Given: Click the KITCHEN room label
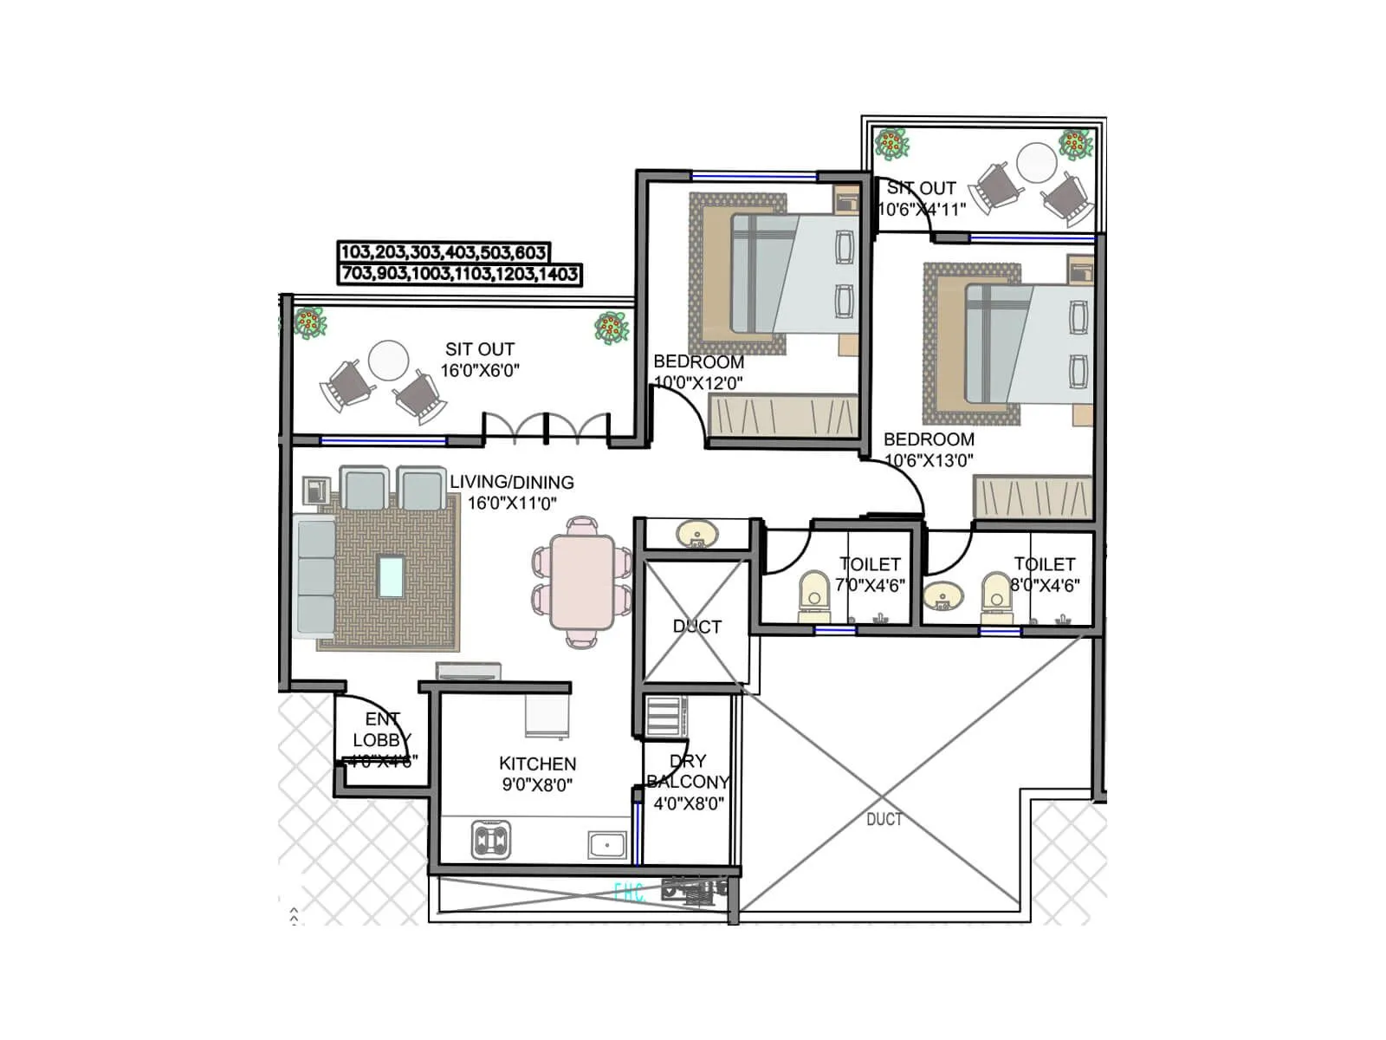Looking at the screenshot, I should [x=537, y=764].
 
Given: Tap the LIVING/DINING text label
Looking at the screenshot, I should [x=511, y=482].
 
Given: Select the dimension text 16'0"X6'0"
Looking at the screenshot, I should [x=480, y=370].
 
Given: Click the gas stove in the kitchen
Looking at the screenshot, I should [x=490, y=840].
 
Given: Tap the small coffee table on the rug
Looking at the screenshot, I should [x=391, y=576].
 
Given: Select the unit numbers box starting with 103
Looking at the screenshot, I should [x=443, y=252].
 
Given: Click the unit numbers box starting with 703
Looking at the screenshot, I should [x=459, y=274].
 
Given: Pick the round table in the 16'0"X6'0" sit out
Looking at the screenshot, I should [x=388, y=360].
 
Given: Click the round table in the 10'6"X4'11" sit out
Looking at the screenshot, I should [x=1036, y=162].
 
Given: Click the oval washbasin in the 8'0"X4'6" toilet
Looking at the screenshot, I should [x=942, y=596].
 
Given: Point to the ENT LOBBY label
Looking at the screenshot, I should [x=381, y=730].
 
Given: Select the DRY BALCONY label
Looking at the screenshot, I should [x=689, y=771].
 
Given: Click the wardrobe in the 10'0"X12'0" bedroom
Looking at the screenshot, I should [x=782, y=417].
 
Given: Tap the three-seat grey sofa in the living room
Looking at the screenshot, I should [x=314, y=577].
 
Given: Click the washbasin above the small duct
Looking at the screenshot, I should [x=696, y=533].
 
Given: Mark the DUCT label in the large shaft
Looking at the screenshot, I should [x=884, y=819].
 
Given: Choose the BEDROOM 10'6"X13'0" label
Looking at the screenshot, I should [x=929, y=439].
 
